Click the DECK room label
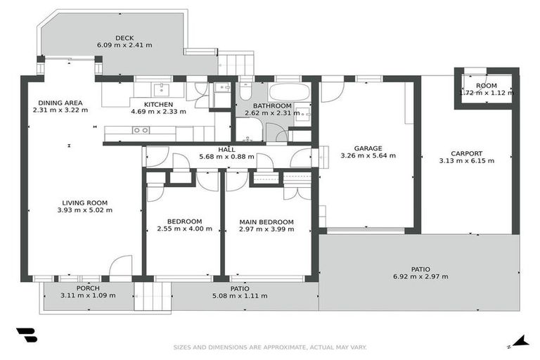click(x=124, y=38)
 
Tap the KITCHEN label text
click(x=158, y=103)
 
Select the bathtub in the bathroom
click(x=289, y=92)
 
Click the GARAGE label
click(x=368, y=148)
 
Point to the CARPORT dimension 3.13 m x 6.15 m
click(x=466, y=160)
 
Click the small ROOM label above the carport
click(x=486, y=86)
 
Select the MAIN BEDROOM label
click(x=266, y=222)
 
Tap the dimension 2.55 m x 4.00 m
click(x=184, y=229)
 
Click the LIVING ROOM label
click(x=84, y=202)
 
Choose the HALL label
click(x=226, y=149)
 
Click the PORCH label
click(x=88, y=288)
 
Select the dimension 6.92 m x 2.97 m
click(x=420, y=276)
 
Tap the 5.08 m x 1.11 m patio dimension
click(x=240, y=296)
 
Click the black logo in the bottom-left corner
click(x=26, y=335)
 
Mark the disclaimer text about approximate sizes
click(x=270, y=347)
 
